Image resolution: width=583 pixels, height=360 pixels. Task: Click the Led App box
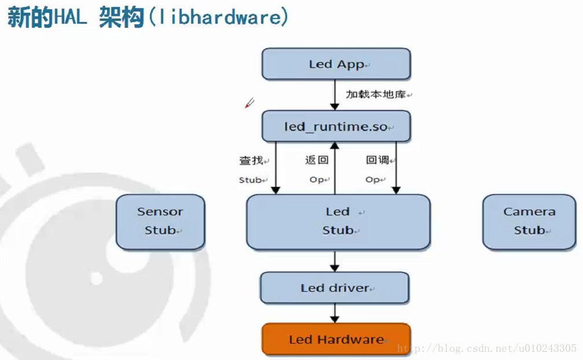coord(336,64)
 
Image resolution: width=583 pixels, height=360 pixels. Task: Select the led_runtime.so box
coord(336,126)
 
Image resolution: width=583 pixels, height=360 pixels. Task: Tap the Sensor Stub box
coord(160,222)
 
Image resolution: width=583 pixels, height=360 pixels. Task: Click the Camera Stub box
coord(529,222)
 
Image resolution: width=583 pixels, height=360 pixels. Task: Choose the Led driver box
coord(335,288)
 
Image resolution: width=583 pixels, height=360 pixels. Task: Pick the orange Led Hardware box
coord(336,339)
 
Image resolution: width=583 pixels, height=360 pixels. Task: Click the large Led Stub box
coord(338,222)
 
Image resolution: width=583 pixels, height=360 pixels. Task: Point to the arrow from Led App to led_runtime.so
coord(335,95)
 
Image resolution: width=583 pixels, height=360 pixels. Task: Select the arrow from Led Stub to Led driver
coord(335,261)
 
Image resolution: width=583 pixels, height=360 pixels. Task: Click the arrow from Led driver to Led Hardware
coord(335,314)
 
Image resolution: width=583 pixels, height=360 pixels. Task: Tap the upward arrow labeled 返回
coord(335,168)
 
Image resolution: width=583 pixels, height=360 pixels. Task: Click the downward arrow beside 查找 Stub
coord(276,168)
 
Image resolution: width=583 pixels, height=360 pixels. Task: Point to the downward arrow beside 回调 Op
coord(396,168)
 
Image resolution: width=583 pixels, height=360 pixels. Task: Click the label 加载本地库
coord(376,94)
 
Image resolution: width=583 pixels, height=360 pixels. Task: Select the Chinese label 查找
coord(251,160)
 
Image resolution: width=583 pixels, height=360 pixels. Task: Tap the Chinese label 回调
coord(377,160)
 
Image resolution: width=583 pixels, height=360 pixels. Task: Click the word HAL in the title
coord(70,17)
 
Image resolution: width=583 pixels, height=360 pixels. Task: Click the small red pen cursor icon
coord(249,103)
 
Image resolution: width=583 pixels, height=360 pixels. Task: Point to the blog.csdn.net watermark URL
coord(487,348)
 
